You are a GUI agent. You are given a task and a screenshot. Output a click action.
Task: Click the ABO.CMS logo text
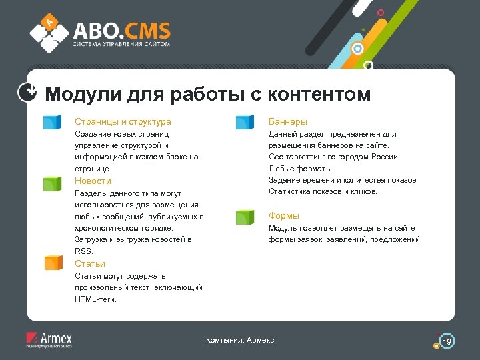click(x=121, y=31)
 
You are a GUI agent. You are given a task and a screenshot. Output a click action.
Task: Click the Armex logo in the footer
click(x=49, y=339)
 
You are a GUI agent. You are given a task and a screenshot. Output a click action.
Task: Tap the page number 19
click(x=447, y=342)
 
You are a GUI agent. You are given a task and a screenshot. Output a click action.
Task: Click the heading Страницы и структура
click(x=123, y=122)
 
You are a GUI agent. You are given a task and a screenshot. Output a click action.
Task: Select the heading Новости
click(x=93, y=181)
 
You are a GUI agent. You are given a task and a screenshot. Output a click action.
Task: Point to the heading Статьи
click(x=90, y=264)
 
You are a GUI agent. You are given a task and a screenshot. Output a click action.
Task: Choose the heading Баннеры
click(x=287, y=122)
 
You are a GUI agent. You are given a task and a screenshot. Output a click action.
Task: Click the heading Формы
click(x=283, y=216)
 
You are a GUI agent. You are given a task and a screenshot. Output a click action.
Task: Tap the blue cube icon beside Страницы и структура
click(x=52, y=122)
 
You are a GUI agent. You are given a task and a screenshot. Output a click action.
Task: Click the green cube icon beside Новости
click(x=52, y=183)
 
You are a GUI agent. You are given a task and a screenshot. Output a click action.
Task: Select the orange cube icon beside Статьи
click(x=52, y=263)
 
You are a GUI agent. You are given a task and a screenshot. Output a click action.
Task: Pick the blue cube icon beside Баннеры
click(x=245, y=122)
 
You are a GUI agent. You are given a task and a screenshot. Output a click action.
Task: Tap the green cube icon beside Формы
click(x=245, y=217)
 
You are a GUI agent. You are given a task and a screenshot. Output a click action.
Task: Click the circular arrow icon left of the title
click(x=26, y=93)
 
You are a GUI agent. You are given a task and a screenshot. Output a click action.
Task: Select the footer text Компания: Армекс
click(x=240, y=341)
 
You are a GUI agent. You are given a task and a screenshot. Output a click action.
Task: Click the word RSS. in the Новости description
click(x=84, y=251)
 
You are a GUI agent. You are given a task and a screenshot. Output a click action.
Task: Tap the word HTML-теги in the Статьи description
click(x=95, y=299)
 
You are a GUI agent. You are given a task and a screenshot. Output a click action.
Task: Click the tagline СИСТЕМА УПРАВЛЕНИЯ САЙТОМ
click(x=121, y=45)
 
